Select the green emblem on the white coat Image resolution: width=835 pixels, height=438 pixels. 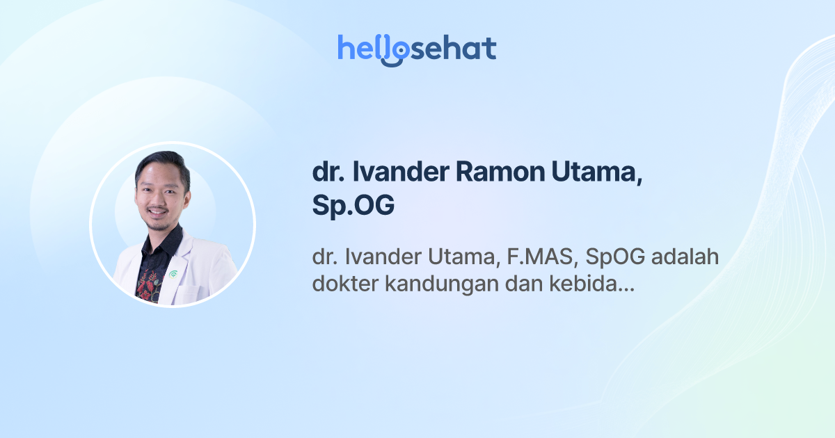(x=173, y=274)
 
